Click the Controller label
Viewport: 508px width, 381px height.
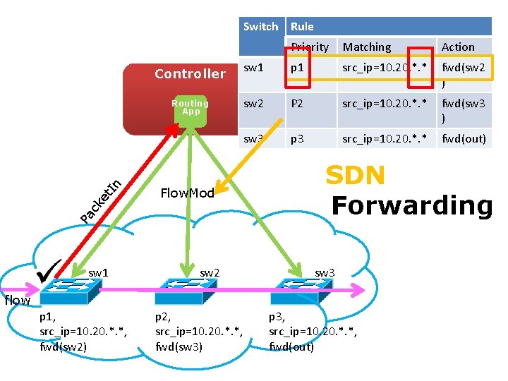point(190,74)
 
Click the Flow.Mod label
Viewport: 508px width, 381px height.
point(187,193)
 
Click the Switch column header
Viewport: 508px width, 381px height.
point(260,27)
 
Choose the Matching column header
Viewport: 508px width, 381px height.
point(366,47)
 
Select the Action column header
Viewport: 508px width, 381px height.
point(458,47)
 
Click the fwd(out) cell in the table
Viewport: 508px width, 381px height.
point(464,138)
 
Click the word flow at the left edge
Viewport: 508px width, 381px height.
point(17,301)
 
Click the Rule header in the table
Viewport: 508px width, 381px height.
point(302,27)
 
